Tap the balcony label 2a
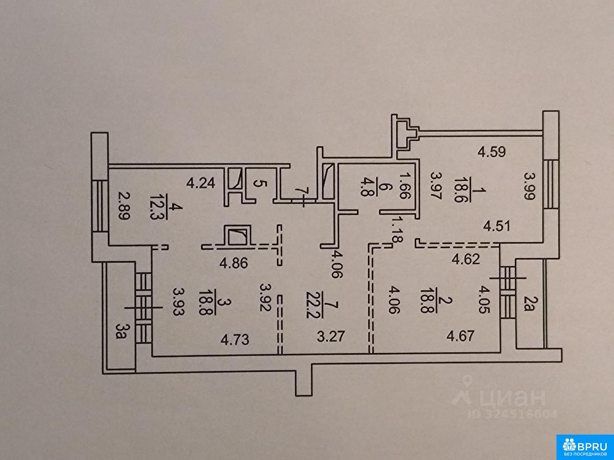pos(528,303)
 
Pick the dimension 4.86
pos(233,264)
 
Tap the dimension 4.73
pos(235,340)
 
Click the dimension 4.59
pos(493,153)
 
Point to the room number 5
pos(259,183)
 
